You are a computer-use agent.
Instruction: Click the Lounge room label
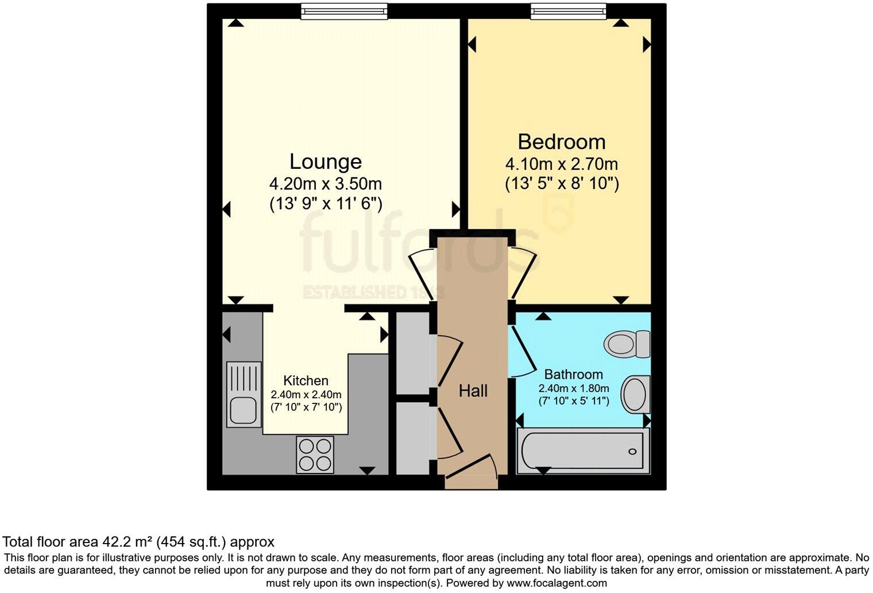click(325, 161)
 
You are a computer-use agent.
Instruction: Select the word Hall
click(473, 391)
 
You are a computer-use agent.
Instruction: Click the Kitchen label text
click(306, 380)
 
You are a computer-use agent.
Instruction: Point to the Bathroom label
click(573, 375)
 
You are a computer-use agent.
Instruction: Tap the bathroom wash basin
click(636, 394)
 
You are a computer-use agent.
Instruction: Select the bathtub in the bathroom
click(582, 452)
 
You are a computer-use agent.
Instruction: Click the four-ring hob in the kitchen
click(315, 455)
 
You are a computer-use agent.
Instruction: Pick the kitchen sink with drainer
click(244, 394)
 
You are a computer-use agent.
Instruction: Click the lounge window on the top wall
click(344, 11)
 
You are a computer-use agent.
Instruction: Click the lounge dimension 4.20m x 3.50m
click(325, 184)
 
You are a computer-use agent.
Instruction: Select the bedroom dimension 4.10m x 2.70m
click(561, 164)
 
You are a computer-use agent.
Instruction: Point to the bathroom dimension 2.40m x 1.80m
click(573, 388)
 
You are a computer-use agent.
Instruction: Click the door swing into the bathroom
click(522, 351)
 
